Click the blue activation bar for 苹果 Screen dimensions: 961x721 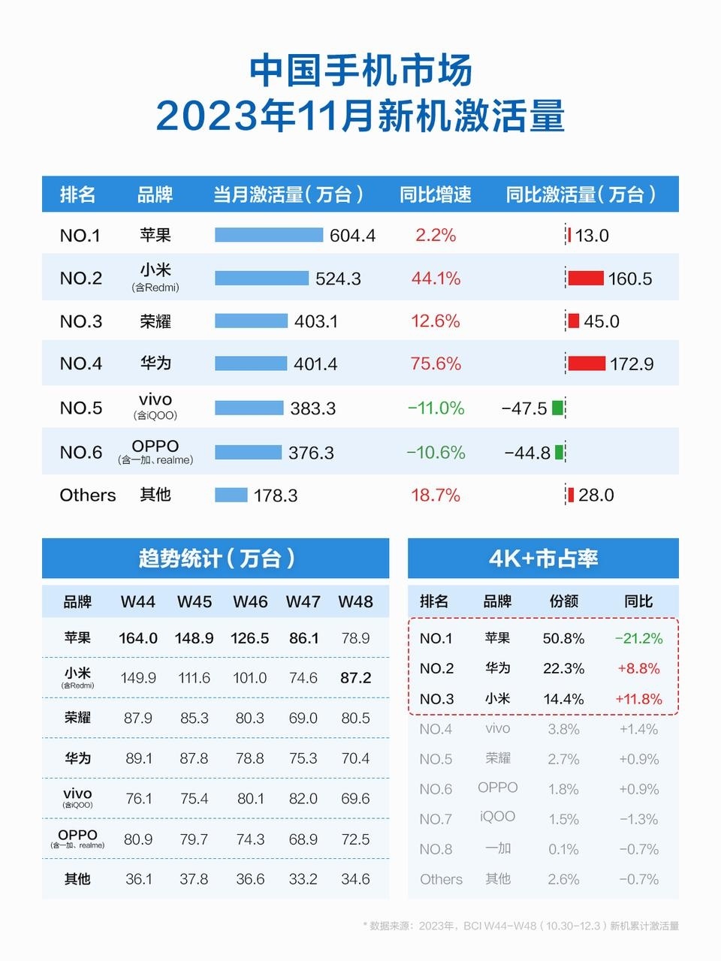(x=268, y=235)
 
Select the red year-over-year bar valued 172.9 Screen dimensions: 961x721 (x=587, y=363)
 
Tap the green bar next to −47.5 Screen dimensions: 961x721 (x=557, y=408)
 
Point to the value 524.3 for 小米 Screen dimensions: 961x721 (x=338, y=279)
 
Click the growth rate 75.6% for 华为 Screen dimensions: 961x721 (x=436, y=363)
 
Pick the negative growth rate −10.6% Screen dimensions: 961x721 (x=436, y=452)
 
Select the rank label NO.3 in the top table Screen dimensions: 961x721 (x=80, y=321)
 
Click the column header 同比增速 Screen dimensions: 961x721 (x=436, y=194)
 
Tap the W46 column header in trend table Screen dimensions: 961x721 (x=250, y=601)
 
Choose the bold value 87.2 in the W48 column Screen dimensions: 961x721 (x=355, y=677)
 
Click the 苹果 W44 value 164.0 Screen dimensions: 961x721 (x=138, y=638)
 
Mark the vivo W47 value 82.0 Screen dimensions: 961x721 (x=303, y=798)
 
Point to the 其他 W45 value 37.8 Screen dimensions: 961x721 (x=194, y=878)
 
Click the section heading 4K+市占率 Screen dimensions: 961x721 (x=543, y=558)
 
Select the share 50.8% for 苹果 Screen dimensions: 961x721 (x=563, y=638)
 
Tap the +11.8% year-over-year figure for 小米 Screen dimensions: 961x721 (x=638, y=699)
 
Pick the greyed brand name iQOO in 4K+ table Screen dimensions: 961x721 (x=497, y=816)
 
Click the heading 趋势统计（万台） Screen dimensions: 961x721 (x=216, y=558)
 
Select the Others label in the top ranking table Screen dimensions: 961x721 (x=88, y=495)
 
